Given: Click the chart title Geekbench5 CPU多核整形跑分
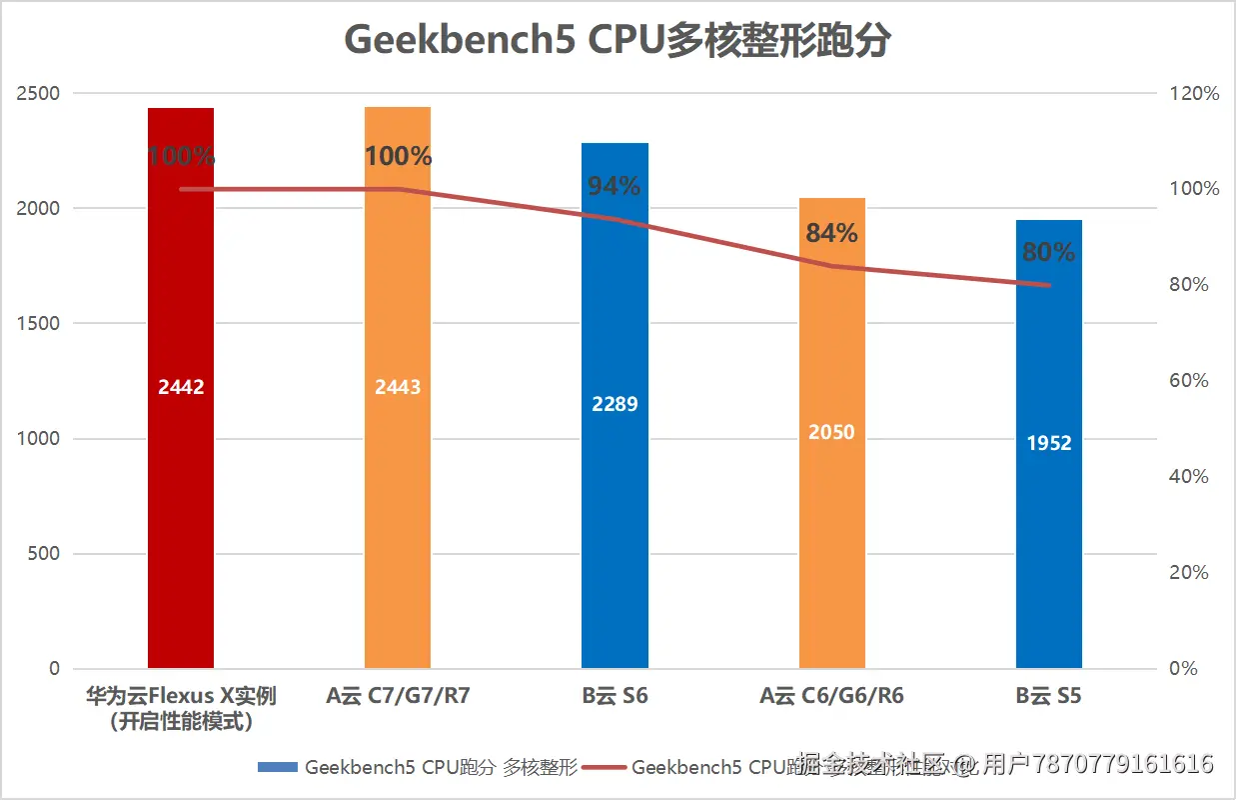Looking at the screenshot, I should (617, 41).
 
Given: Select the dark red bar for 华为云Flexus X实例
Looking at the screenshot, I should (181, 500).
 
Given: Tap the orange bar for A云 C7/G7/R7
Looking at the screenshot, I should (398, 500).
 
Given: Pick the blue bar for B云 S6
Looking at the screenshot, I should (615, 520).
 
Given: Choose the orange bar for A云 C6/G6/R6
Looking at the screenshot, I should (831, 540).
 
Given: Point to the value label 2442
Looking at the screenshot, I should (181, 387).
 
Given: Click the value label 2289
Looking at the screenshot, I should (615, 404).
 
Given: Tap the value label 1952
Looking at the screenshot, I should (1049, 443).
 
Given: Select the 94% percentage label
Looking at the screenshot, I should (615, 186).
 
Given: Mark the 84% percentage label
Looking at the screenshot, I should (831, 233).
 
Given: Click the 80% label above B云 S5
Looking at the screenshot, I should (1049, 253).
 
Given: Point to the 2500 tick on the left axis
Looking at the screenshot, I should (39, 94).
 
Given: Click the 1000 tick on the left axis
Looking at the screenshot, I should (39, 439).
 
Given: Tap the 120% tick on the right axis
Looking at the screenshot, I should (1195, 94).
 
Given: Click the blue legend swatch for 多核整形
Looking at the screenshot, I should (278, 767).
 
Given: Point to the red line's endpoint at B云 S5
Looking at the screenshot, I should (1049, 285).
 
